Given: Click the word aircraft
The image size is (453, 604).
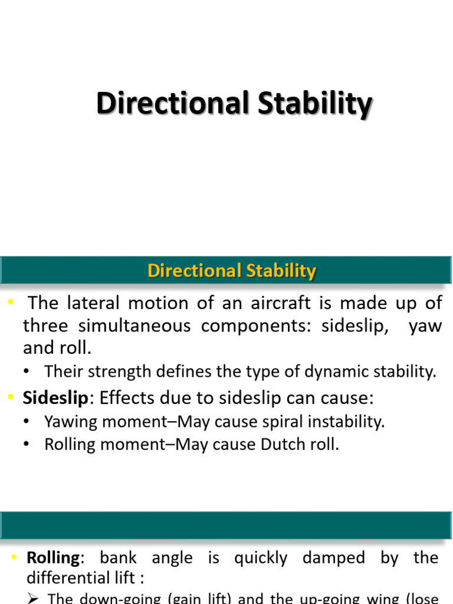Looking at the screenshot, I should click(291, 303).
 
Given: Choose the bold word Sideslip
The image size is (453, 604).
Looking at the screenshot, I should click(55, 398).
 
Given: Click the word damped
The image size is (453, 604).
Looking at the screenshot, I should click(339, 557).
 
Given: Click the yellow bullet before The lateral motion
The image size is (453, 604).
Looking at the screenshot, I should click(11, 303).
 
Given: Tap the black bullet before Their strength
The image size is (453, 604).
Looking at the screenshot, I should click(27, 372).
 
